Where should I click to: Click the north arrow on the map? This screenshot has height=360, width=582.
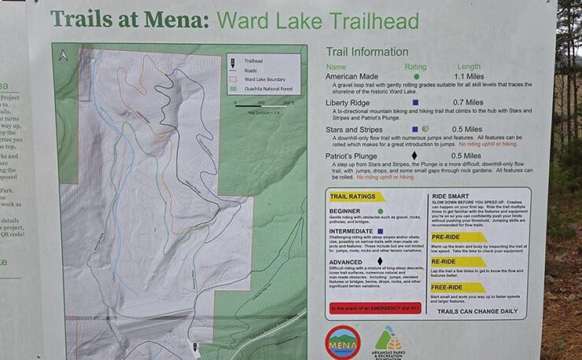(64, 55)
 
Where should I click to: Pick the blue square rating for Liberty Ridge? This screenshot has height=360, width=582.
(415, 102)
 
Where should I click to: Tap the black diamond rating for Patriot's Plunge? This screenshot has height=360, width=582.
(414, 156)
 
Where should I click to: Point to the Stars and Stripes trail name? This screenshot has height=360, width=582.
(358, 129)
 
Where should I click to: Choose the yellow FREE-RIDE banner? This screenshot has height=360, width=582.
(459, 288)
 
